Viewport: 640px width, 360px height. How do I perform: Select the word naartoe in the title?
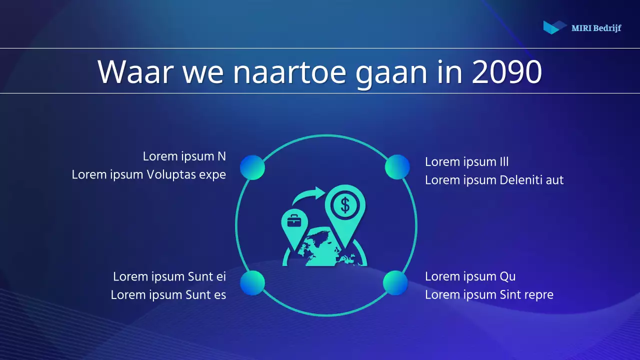(x=289, y=72)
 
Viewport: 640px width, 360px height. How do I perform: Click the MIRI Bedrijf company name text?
(x=596, y=28)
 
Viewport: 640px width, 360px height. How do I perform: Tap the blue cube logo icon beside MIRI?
(x=554, y=27)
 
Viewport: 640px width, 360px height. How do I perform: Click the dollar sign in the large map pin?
(x=344, y=204)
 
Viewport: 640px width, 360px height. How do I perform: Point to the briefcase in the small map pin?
(x=294, y=220)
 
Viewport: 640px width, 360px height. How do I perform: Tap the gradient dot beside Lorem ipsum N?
(x=252, y=167)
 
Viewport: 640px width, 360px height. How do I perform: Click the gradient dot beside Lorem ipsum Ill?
(x=397, y=167)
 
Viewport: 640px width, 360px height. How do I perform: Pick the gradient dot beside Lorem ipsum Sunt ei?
(x=252, y=283)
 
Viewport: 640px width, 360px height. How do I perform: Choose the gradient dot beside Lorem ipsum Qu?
(x=395, y=283)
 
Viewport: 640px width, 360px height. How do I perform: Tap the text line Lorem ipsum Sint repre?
(x=489, y=295)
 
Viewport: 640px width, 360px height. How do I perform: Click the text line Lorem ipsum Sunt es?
(x=168, y=295)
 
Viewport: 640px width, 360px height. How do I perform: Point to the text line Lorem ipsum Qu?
(x=470, y=276)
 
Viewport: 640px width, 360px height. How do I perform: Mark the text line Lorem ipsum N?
(x=184, y=156)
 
